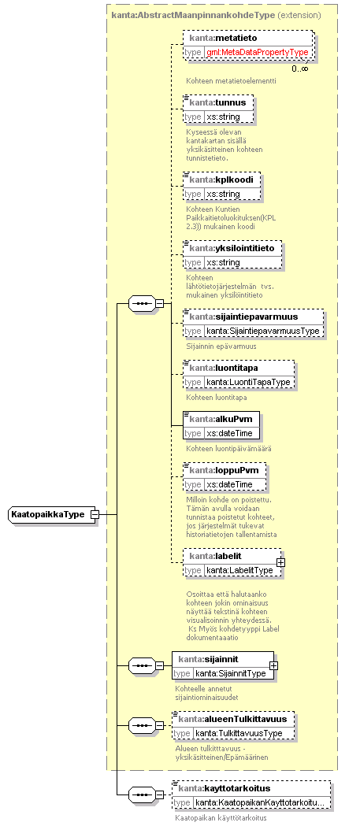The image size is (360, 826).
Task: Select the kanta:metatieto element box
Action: click(x=247, y=45)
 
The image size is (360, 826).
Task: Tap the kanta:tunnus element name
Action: click(x=217, y=102)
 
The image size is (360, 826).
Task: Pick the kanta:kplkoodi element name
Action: click(x=221, y=180)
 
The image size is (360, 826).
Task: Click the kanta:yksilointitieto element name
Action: click(x=232, y=248)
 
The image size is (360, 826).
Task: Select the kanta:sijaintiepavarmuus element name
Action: click(x=243, y=317)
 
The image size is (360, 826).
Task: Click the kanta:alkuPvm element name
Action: click(x=221, y=420)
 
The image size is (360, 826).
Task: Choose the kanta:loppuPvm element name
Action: click(x=224, y=470)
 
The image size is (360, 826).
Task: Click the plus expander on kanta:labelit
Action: click(x=281, y=562)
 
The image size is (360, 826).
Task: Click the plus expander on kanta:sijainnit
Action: click(x=273, y=665)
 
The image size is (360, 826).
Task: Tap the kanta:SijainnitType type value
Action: click(x=231, y=673)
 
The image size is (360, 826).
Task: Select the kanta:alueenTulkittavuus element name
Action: click(x=232, y=719)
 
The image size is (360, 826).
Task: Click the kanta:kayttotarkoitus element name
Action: click(x=224, y=788)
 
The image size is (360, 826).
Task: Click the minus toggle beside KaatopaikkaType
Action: click(x=95, y=514)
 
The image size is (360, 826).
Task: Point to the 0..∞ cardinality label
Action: click(x=300, y=68)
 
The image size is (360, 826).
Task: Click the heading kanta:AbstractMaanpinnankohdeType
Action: click(x=193, y=15)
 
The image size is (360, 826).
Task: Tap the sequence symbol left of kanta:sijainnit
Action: click(x=143, y=665)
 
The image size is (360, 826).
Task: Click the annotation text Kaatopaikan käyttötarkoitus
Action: click(x=221, y=818)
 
